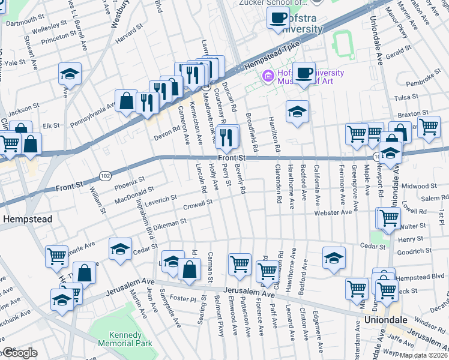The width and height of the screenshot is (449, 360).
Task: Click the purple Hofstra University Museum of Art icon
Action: [267, 76]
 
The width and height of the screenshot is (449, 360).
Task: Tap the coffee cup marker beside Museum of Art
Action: [304, 73]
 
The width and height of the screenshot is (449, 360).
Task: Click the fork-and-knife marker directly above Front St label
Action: [226, 136]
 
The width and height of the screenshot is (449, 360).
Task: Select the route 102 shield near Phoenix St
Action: [104, 175]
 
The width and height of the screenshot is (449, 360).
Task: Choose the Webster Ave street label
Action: [333, 212]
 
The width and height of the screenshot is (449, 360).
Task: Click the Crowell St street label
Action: [198, 205]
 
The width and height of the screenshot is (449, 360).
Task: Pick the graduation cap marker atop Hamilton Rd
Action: [297, 112]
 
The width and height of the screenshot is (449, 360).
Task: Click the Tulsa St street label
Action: [406, 97]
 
